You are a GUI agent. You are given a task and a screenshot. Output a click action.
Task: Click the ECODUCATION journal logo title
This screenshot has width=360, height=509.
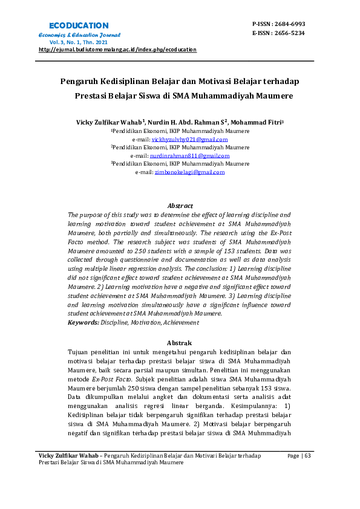point(79,25)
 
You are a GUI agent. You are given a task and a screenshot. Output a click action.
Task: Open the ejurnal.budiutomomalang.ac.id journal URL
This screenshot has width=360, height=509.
point(117,50)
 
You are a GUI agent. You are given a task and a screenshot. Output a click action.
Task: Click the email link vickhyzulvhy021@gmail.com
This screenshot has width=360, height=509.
point(189,140)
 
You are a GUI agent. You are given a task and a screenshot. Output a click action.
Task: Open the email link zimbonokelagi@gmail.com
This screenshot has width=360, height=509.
point(189,172)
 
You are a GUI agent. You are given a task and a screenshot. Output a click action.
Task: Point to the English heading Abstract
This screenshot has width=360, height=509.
point(180,206)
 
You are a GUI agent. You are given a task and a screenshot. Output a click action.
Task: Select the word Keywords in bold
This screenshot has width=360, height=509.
point(83,323)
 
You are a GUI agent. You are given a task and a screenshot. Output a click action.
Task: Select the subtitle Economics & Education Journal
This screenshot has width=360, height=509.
point(76,35)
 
